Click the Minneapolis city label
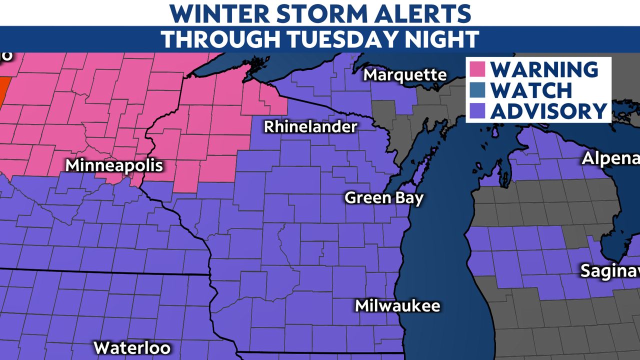(x=114, y=165)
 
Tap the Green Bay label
(x=384, y=197)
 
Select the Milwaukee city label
(x=397, y=305)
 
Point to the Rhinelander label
(x=310, y=126)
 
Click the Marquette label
(x=405, y=75)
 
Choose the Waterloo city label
(x=132, y=347)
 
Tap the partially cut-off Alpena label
(x=610, y=159)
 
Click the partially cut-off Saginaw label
(x=609, y=271)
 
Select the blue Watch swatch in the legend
(x=478, y=90)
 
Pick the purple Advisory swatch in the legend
(x=478, y=110)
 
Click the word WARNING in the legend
(x=544, y=69)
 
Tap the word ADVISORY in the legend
(x=548, y=110)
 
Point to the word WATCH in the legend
(x=530, y=90)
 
